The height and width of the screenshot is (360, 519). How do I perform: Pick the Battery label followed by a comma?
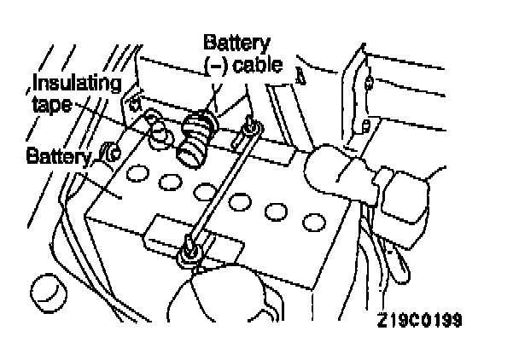coord(58,156)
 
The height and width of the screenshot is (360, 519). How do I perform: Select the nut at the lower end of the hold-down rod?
coord(188,251)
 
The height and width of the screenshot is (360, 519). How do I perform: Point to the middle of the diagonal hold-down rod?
coord(219,189)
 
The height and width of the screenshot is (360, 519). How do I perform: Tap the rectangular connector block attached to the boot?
coord(401,194)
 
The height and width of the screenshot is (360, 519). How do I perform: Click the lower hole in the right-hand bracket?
coord(365,125)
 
